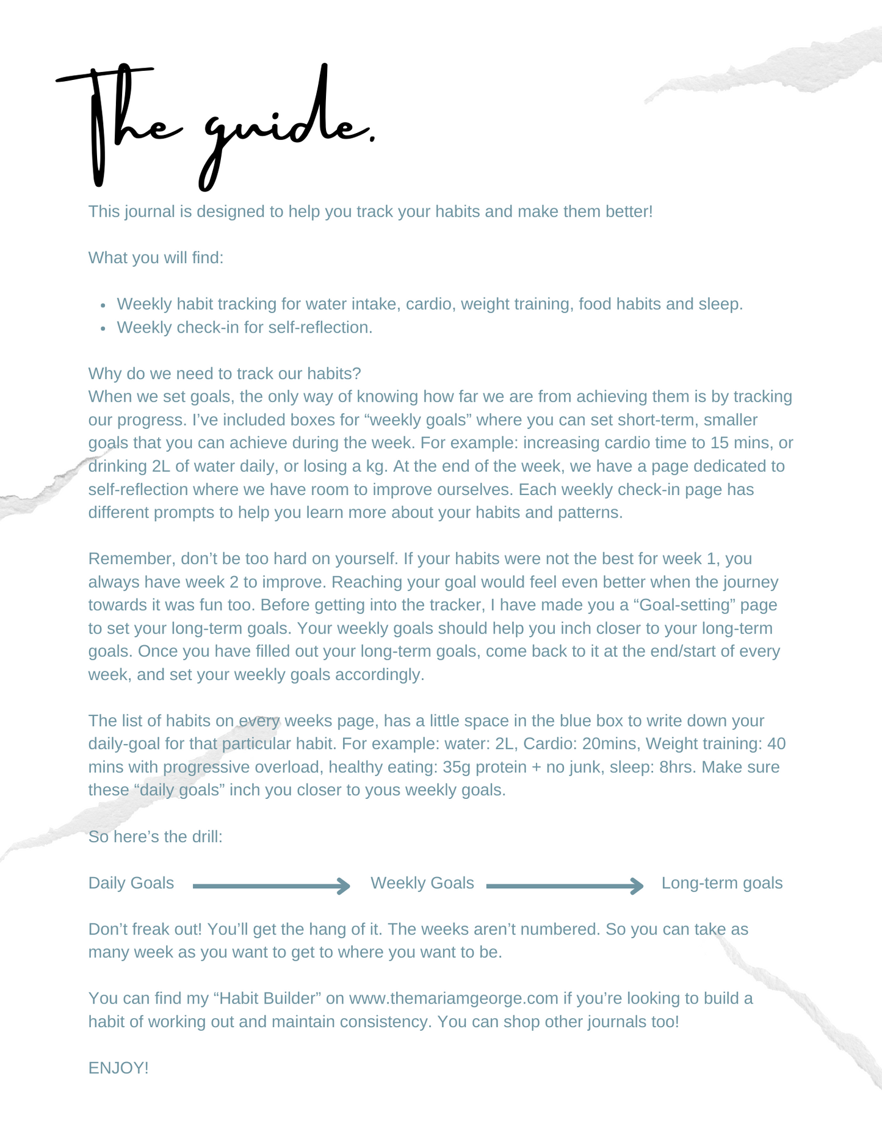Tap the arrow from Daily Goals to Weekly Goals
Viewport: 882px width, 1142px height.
click(271, 886)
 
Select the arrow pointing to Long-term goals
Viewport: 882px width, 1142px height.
click(565, 886)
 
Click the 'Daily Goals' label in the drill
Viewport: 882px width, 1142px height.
click(131, 883)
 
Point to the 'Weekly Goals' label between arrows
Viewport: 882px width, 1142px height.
click(422, 883)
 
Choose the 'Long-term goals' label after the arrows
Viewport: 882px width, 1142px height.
click(721, 883)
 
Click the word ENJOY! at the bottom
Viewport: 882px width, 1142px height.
click(118, 1068)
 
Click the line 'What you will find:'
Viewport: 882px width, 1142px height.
click(156, 258)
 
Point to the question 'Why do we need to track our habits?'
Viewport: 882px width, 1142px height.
click(225, 374)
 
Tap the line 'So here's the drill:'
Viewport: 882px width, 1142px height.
click(155, 837)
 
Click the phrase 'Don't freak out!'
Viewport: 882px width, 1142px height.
click(145, 930)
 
